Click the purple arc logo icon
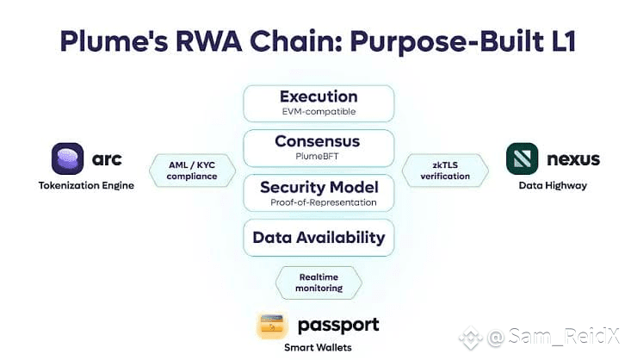(x=68, y=158)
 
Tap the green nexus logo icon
(x=523, y=158)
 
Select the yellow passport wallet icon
(x=272, y=325)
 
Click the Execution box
(x=319, y=103)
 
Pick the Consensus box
(x=319, y=148)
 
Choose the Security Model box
(x=319, y=193)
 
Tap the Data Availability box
(x=319, y=238)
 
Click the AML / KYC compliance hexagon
(x=192, y=171)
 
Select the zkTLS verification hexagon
(x=445, y=171)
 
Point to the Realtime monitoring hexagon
(x=319, y=282)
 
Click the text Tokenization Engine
(x=87, y=186)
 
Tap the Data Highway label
(x=553, y=186)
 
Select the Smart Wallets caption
(x=318, y=348)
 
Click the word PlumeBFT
(x=317, y=156)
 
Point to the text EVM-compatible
(x=319, y=112)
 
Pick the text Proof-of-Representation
(x=324, y=202)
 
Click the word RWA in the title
(x=209, y=40)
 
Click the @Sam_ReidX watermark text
(x=554, y=336)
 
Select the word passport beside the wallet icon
(x=338, y=326)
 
